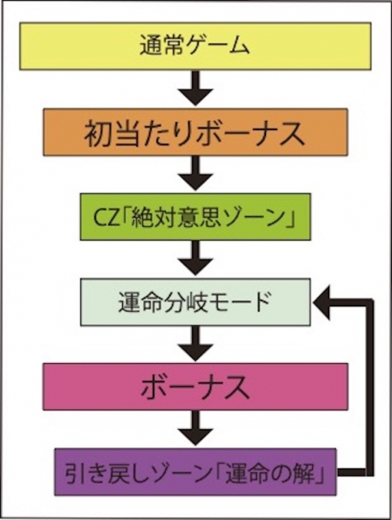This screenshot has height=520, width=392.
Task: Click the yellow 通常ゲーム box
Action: (x=195, y=46)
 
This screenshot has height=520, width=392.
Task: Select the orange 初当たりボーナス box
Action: (x=195, y=132)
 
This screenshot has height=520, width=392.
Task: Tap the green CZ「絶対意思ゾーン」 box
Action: (x=195, y=217)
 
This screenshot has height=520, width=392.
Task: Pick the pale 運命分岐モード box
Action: (x=195, y=301)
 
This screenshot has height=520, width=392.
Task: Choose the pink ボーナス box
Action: (x=195, y=387)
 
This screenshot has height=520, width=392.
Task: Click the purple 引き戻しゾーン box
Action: (x=195, y=472)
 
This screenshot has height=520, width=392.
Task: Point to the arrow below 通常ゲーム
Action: (x=195, y=89)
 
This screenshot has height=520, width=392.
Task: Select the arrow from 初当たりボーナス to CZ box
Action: (x=195, y=173)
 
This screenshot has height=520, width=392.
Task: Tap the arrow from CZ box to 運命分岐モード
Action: (x=195, y=258)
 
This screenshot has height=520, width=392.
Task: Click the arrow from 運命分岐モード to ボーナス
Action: (x=195, y=343)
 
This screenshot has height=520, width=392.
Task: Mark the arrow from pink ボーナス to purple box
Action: (x=195, y=428)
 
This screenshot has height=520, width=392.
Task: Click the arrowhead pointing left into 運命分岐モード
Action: (x=321, y=302)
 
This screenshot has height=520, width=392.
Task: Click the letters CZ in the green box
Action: (x=106, y=218)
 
